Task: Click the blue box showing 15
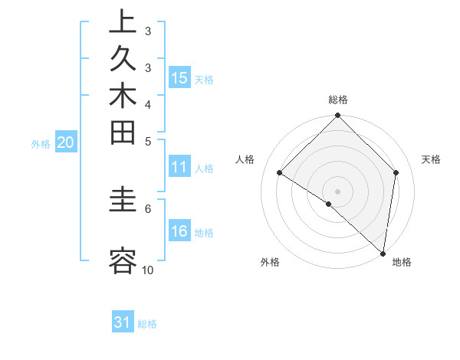[x=179, y=78]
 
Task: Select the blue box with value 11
[x=179, y=168]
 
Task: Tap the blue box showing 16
[x=179, y=232]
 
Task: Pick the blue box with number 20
[x=66, y=142]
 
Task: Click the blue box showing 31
[x=123, y=322]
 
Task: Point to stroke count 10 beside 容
[x=147, y=270]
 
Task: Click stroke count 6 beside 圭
[x=147, y=208]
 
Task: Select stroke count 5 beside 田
[x=147, y=141]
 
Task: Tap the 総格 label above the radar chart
[x=338, y=100]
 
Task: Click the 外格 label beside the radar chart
[x=270, y=262]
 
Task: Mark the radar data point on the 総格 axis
[x=337, y=116]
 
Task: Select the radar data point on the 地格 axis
[x=382, y=252]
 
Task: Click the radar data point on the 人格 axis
[x=280, y=173]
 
